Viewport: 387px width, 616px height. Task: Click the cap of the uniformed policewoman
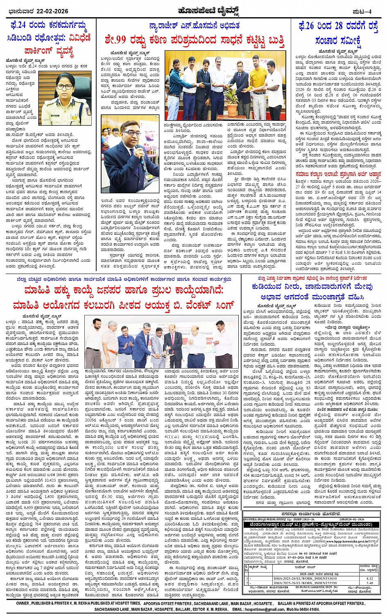pyautogui.click(x=65, y=77)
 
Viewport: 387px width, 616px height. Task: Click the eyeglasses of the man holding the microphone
pyautogui.click(x=131, y=134)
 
